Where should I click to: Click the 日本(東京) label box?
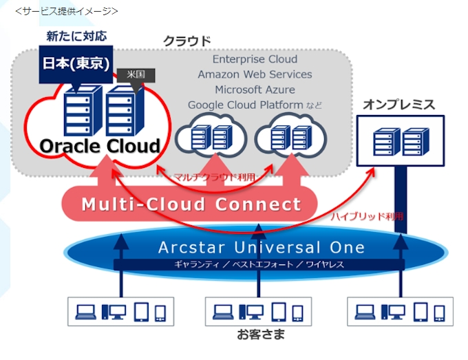pyautogui.click(x=76, y=64)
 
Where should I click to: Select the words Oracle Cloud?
pyautogui.click(x=99, y=146)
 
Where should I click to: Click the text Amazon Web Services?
pyautogui.click(x=255, y=74)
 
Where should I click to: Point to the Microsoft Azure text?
pyautogui.click(x=255, y=89)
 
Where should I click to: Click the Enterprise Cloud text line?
pyautogui.click(x=255, y=59)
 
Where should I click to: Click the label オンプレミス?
pyautogui.click(x=399, y=105)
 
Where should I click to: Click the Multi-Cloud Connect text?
pyautogui.click(x=191, y=204)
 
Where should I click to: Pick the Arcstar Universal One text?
pyautogui.click(x=261, y=247)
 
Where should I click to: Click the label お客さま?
pyautogui.click(x=260, y=336)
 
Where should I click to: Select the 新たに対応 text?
pyautogui.click(x=76, y=36)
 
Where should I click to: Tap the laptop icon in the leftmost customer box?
pyautogui.click(x=87, y=313)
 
